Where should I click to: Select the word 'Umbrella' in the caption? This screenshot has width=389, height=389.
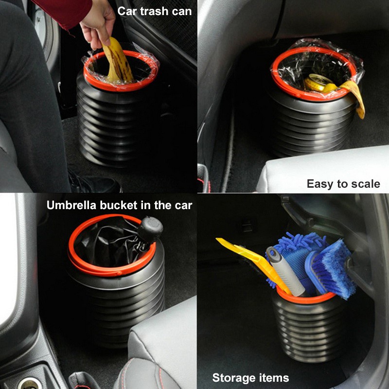click(x=71, y=205)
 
